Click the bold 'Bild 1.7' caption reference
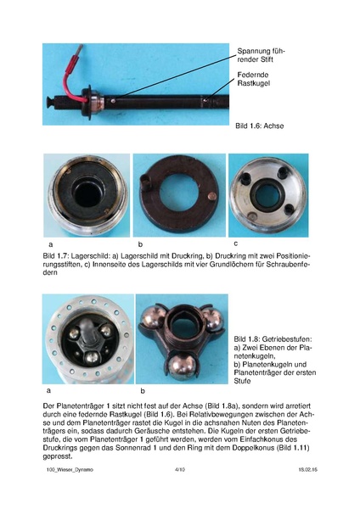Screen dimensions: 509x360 point(54,255)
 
